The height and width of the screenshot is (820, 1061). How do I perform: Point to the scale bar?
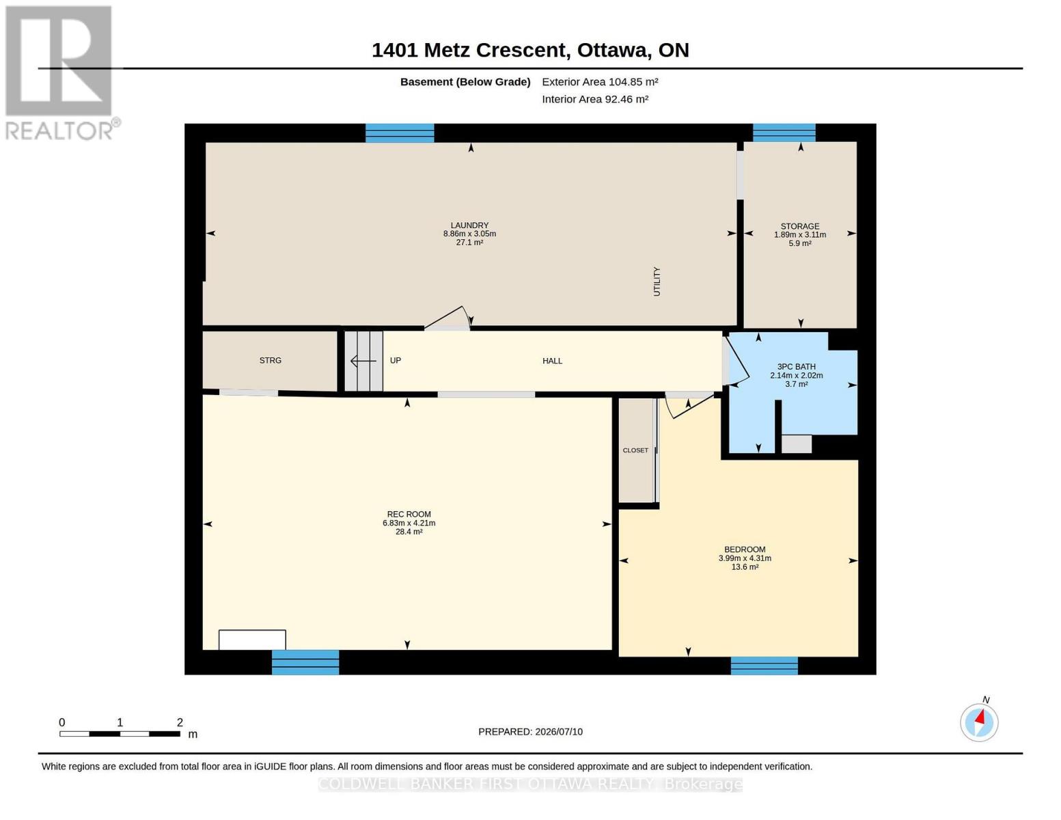tap(120, 733)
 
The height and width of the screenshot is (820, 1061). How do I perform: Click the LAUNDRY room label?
tap(469, 225)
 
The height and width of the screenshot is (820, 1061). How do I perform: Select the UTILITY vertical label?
tap(657, 282)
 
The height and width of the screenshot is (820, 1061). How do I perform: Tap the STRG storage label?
tap(270, 360)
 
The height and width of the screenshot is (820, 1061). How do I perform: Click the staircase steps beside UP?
tap(363, 361)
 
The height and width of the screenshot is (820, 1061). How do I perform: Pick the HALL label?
tap(552, 361)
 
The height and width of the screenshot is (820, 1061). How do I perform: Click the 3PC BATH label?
tap(797, 367)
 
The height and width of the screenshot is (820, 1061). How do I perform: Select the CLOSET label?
tap(635, 450)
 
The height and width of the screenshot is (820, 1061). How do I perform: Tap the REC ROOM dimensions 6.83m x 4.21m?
tap(409, 523)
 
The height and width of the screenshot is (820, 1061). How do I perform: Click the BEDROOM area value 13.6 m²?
tap(745, 567)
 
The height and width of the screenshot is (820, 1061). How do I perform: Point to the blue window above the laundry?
tap(400, 133)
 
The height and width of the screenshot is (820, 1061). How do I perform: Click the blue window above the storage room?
tap(784, 133)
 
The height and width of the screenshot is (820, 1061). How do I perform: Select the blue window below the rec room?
tap(305, 662)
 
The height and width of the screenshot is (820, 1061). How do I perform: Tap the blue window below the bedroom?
tap(764, 666)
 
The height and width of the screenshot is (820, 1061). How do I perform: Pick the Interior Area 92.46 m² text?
tap(595, 99)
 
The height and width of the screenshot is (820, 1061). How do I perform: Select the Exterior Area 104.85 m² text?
tap(600, 82)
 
